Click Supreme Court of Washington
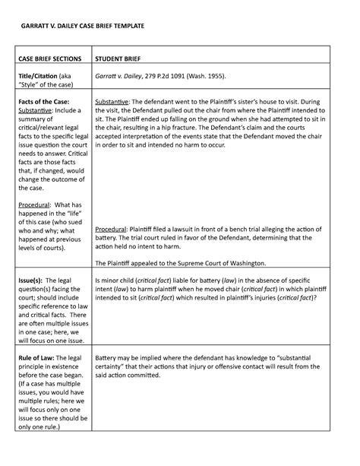tap(227, 264)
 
